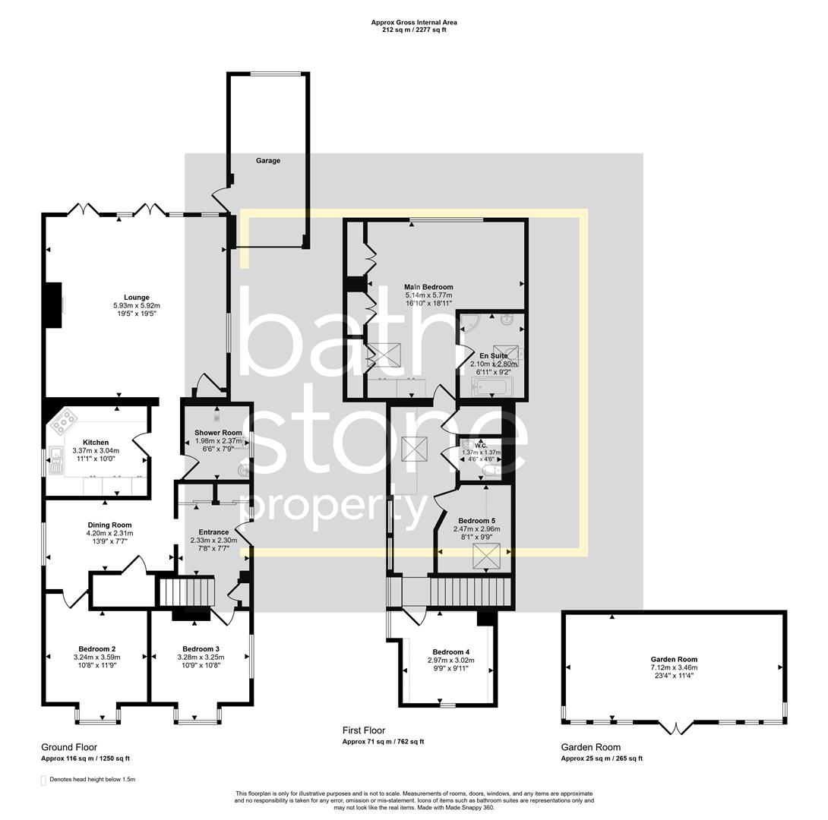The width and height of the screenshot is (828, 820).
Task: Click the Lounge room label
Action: point(137,298)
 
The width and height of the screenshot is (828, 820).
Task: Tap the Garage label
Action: point(267,161)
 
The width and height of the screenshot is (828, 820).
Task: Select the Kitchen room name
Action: point(96,443)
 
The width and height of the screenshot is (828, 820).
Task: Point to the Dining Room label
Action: point(109,525)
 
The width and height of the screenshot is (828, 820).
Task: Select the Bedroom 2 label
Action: point(96,648)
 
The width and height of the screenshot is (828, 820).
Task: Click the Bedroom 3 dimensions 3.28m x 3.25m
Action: point(201,657)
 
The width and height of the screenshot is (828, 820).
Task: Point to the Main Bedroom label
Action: point(428,287)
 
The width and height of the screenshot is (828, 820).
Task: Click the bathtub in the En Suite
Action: point(493,389)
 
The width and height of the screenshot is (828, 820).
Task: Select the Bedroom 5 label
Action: point(476,521)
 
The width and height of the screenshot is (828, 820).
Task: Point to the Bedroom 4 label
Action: point(451,652)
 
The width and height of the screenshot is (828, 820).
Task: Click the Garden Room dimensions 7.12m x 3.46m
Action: point(673,667)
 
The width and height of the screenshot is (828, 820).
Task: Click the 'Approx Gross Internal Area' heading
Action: point(413,23)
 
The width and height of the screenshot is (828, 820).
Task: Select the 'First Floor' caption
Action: point(363,730)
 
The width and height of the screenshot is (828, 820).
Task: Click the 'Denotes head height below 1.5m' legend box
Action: point(43,780)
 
